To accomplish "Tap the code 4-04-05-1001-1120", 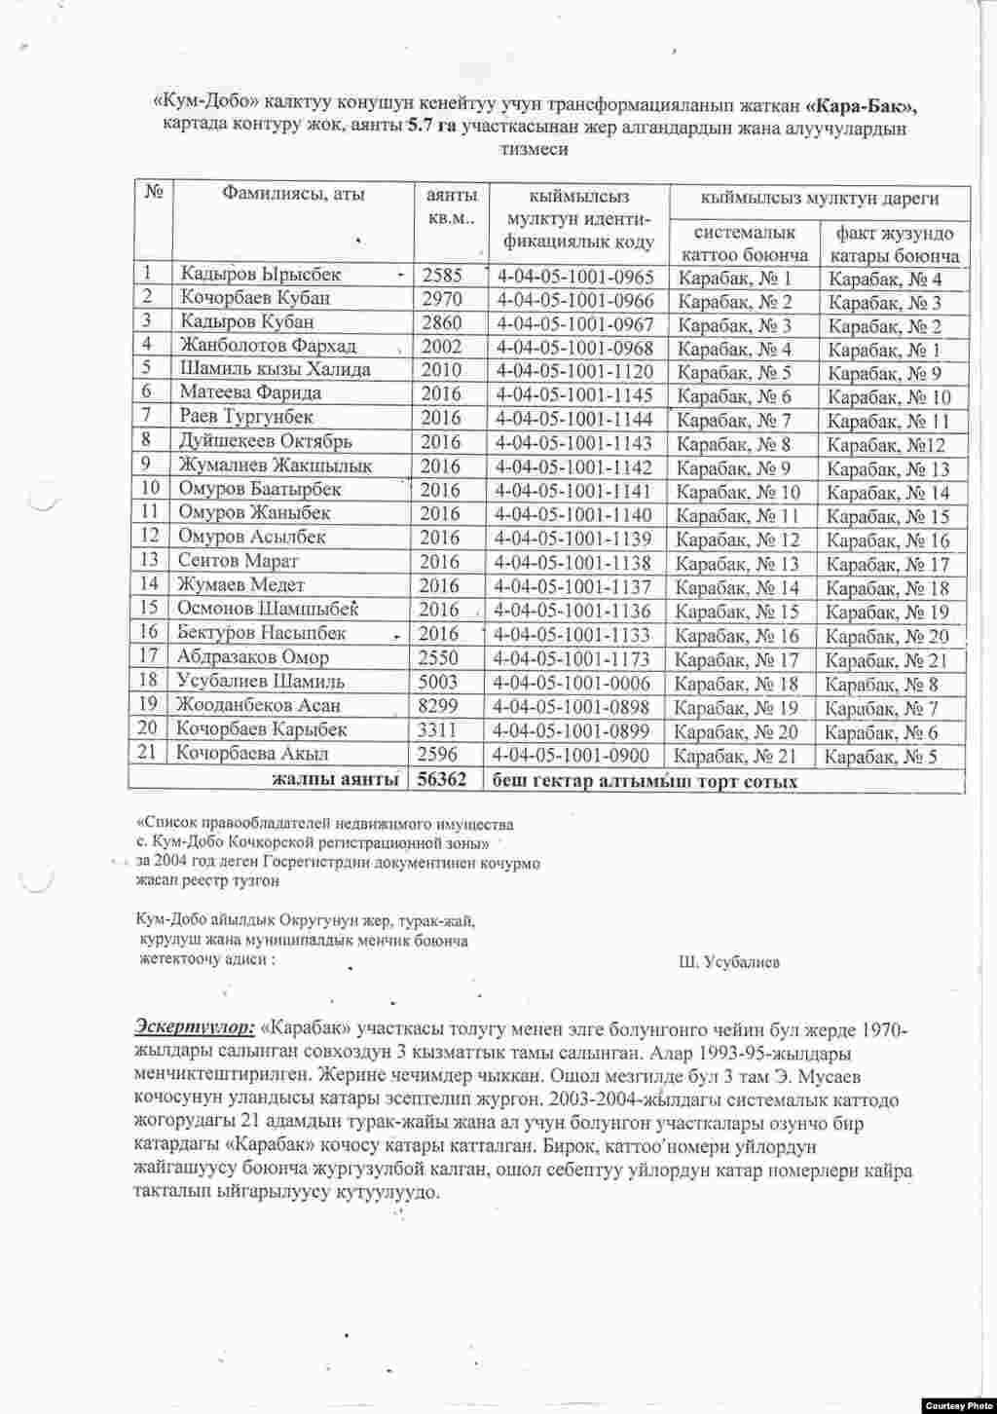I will (x=574, y=371).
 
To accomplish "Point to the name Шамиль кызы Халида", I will (x=275, y=370).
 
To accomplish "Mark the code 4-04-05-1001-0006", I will (x=573, y=683).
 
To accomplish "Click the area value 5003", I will (x=438, y=682).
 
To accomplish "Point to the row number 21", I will (x=148, y=753).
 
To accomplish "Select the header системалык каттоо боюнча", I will (x=745, y=244).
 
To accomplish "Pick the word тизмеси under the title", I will (x=532, y=150).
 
